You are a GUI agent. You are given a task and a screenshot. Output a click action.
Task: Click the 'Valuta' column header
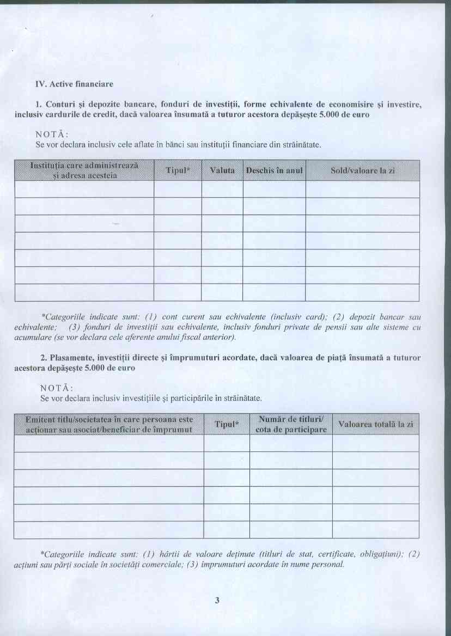point(222,171)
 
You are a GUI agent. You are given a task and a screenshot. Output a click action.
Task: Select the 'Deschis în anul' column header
point(274,171)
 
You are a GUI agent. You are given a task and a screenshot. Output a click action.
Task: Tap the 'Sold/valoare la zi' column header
point(362,171)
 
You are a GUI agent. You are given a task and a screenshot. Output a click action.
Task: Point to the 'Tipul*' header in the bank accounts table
point(178,171)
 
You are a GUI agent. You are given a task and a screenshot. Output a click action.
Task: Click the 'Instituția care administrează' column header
point(84,170)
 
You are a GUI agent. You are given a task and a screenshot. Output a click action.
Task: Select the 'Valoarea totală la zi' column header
point(376,424)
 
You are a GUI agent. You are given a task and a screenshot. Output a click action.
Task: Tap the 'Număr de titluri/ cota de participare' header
point(291,424)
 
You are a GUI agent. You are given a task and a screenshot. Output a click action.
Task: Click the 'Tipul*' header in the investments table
point(227,424)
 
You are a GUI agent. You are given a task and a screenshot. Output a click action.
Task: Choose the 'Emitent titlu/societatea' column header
point(109,424)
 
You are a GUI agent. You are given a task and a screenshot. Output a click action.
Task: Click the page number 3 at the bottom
point(217,601)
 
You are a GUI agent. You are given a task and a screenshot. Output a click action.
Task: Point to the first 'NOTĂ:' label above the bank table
point(55,134)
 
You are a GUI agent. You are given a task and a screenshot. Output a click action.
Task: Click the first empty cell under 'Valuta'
point(222,189)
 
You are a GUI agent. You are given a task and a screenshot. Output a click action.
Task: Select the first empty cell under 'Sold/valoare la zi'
point(362,189)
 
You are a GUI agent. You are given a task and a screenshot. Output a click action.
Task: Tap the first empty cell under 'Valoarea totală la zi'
point(376,443)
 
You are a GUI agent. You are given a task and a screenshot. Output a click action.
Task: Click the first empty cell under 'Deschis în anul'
point(274,189)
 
